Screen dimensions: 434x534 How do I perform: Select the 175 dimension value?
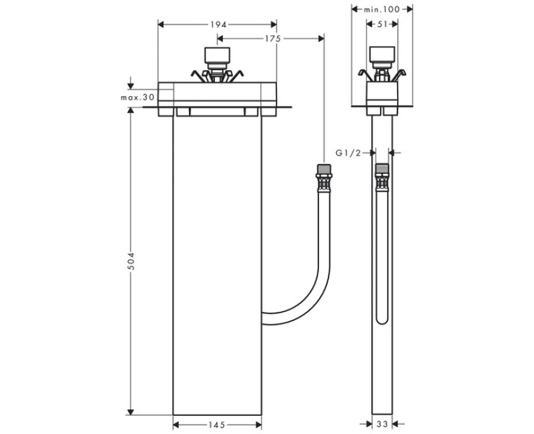pyautogui.click(x=271, y=39)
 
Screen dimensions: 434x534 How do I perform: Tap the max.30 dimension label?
pyautogui.click(x=137, y=97)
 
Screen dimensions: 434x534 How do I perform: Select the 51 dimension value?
pyautogui.click(x=382, y=24)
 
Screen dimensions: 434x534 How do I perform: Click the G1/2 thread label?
pyautogui.click(x=348, y=153)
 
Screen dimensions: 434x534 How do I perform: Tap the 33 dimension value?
pyautogui.click(x=382, y=424)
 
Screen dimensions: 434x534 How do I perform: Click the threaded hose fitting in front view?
pyautogui.click(x=323, y=177)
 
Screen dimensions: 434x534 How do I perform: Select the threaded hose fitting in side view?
pyautogui.click(x=382, y=177)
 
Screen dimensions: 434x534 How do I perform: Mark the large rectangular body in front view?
pyautogui.click(x=217, y=267)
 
